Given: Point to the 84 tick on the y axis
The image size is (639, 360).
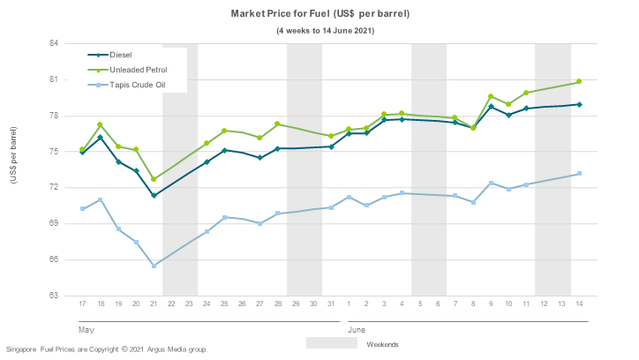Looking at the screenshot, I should coord(53,43).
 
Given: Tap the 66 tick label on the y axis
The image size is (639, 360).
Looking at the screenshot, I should coord(53,259).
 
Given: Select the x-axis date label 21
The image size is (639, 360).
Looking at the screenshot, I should coord(154,304).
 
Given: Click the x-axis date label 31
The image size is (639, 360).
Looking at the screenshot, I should coord(331,304).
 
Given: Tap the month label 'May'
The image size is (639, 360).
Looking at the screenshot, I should coord(86,329).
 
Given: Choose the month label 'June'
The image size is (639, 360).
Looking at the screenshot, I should coord(357,329).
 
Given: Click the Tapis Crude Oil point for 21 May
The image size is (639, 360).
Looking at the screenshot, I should coord(154,266).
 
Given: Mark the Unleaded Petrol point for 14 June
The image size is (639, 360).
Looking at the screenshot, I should coord(579,82).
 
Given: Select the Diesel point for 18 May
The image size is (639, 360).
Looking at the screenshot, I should coord(101,138).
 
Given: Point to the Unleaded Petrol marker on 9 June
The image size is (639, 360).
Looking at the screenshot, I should coord(491,96).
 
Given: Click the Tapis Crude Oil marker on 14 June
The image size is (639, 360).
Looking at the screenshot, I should coord(579,174).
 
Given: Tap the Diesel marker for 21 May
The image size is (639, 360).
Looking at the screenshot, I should coord(154,195).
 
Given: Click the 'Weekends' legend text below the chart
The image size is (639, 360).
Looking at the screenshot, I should coord(383,343).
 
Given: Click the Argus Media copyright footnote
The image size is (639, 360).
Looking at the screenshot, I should coord(107,349).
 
